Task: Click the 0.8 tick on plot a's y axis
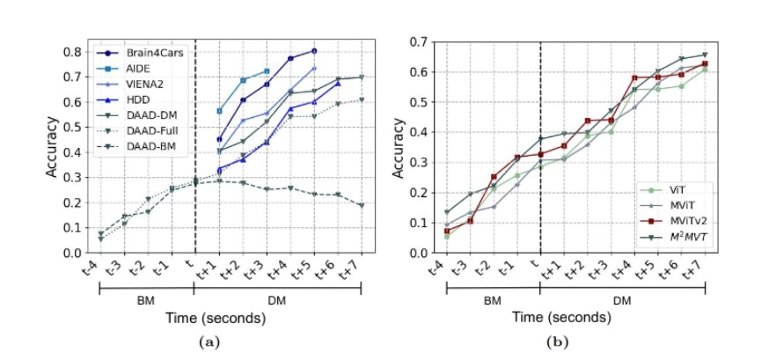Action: (x=77, y=51)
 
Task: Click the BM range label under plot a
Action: (x=145, y=300)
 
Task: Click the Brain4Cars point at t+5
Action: (x=313, y=51)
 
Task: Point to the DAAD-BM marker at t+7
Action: (x=361, y=205)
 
